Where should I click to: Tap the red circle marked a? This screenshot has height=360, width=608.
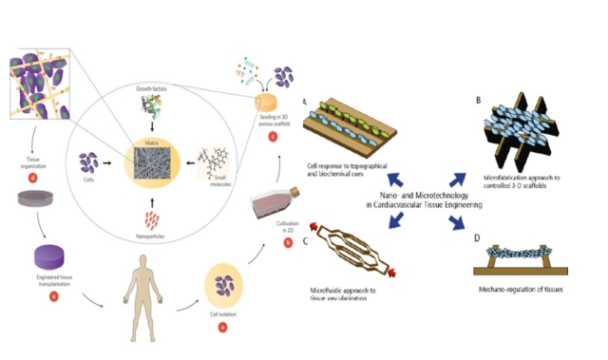[x=223, y=325]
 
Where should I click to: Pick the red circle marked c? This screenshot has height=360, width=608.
[x=273, y=134]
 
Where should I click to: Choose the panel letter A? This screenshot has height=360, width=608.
[x=303, y=102]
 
